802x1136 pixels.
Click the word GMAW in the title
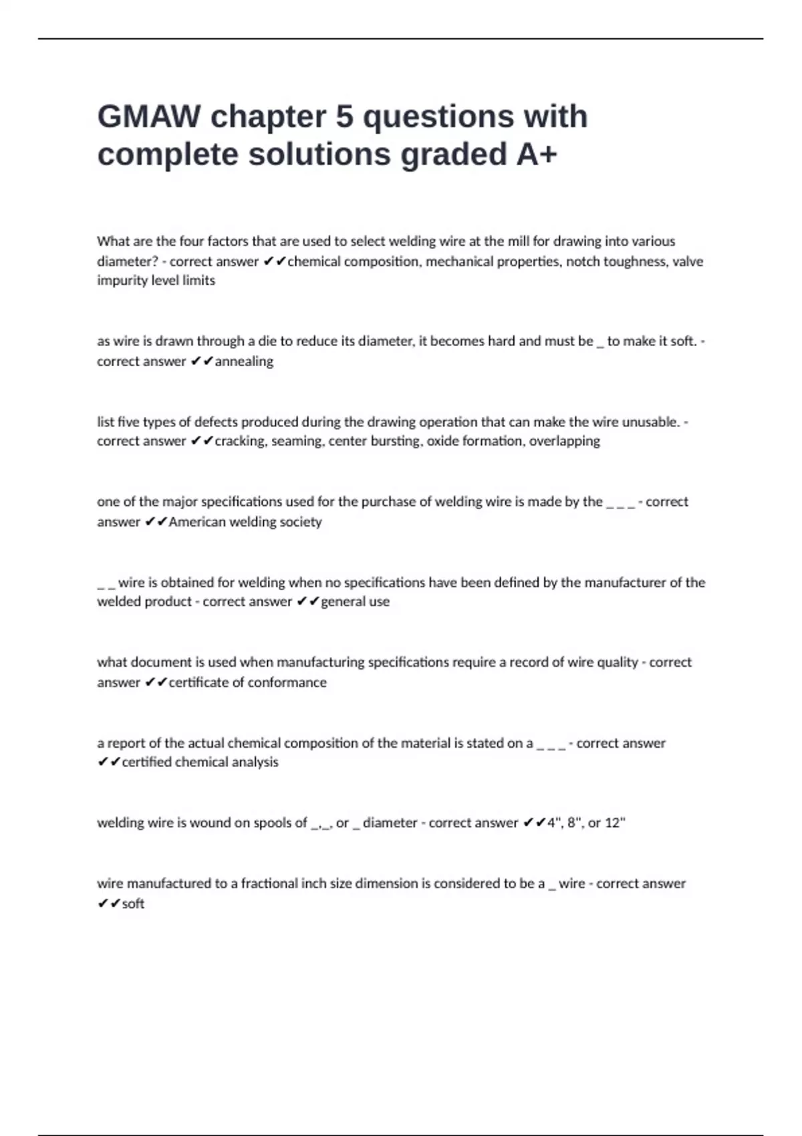click(149, 116)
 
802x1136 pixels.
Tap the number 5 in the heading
click(344, 116)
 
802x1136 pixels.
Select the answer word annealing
click(244, 362)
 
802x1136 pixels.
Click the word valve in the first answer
click(688, 261)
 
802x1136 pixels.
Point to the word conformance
click(287, 682)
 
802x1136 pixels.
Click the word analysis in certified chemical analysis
click(255, 762)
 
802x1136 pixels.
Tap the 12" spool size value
click(615, 823)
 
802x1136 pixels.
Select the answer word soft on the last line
click(133, 903)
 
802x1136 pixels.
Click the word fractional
click(270, 883)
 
